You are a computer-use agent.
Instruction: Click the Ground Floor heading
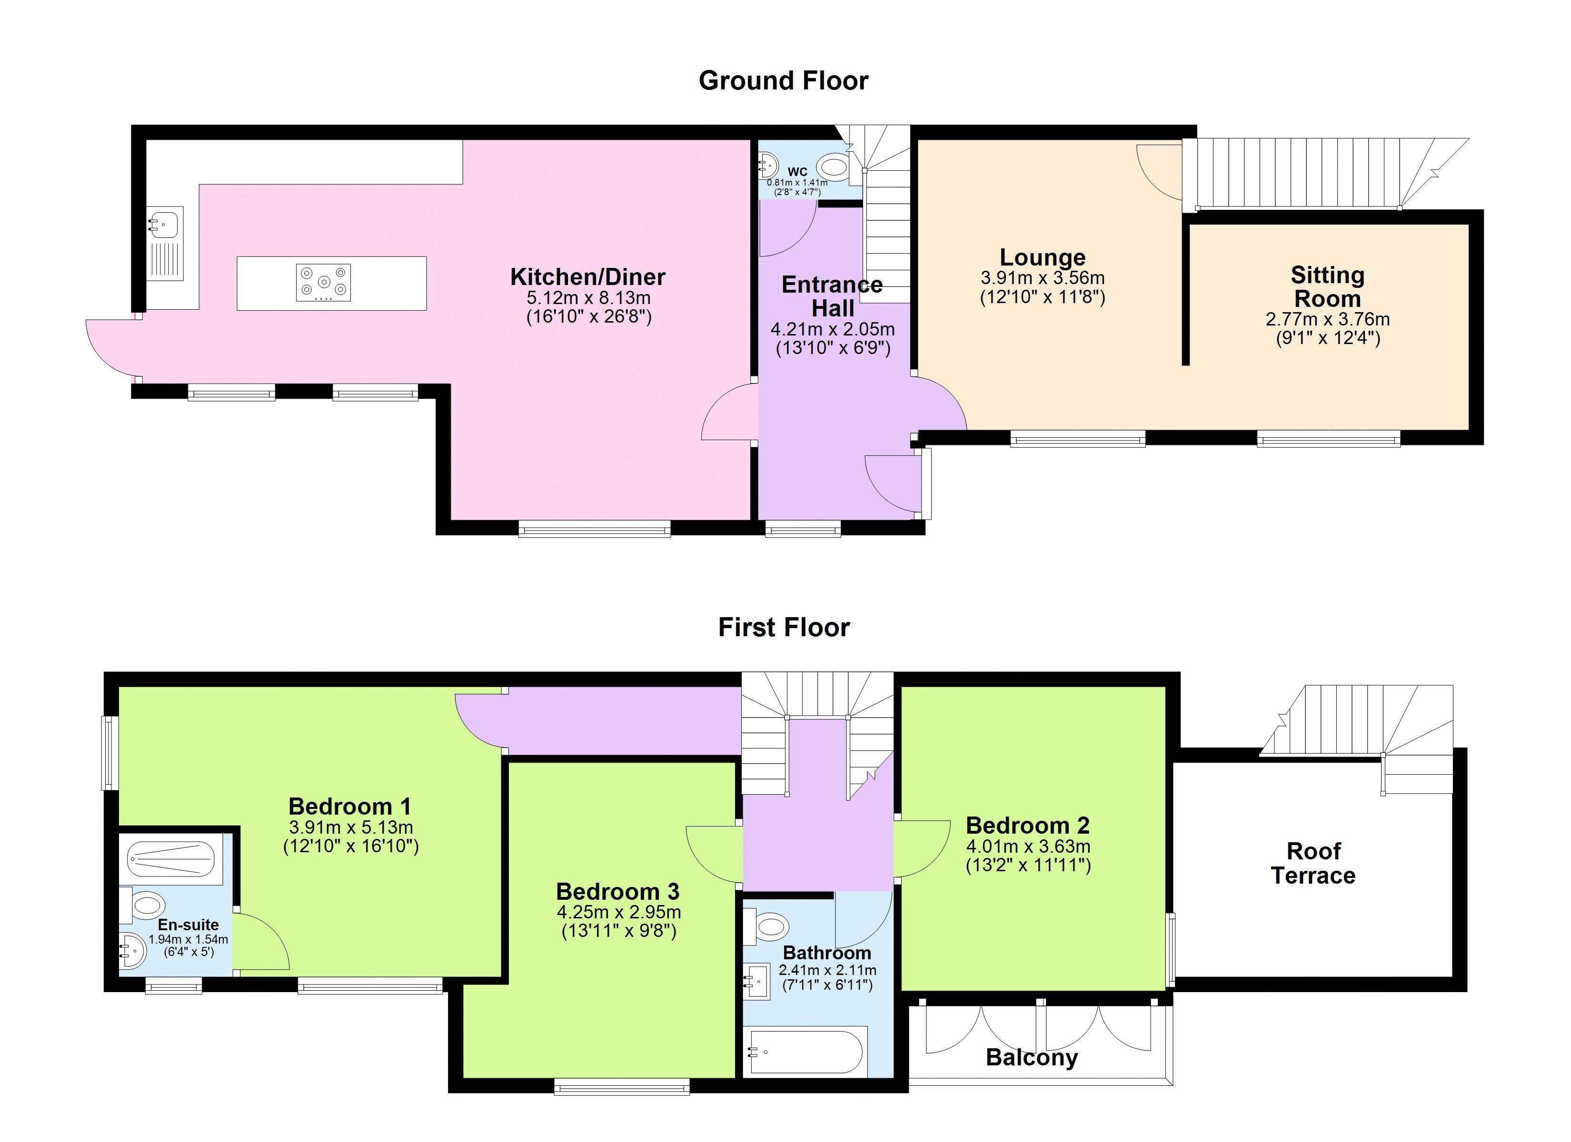(784, 81)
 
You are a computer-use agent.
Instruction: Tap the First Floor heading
(784, 628)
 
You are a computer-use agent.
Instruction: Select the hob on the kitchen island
(323, 283)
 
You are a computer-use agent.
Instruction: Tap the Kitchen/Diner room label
(587, 277)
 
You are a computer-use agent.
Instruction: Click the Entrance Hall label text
(833, 295)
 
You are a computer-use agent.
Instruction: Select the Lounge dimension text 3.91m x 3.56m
(1043, 278)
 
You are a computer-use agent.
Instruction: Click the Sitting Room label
(1328, 287)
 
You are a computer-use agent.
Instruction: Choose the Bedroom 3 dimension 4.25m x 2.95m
(618, 912)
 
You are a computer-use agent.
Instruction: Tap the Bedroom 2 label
(1028, 826)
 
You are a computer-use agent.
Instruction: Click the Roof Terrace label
(1313, 863)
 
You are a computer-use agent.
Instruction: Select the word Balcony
(1032, 1057)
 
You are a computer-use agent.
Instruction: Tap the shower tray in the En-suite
(170, 859)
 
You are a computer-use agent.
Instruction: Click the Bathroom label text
(827, 953)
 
